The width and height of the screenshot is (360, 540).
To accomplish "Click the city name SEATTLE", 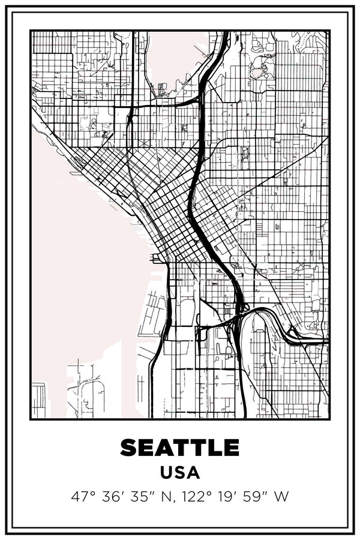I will click(180, 447).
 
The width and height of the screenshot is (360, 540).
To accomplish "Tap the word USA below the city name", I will click(180, 472).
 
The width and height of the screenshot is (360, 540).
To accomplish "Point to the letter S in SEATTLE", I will click(129, 447).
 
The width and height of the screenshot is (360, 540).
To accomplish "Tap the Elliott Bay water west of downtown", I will click(84, 252).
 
